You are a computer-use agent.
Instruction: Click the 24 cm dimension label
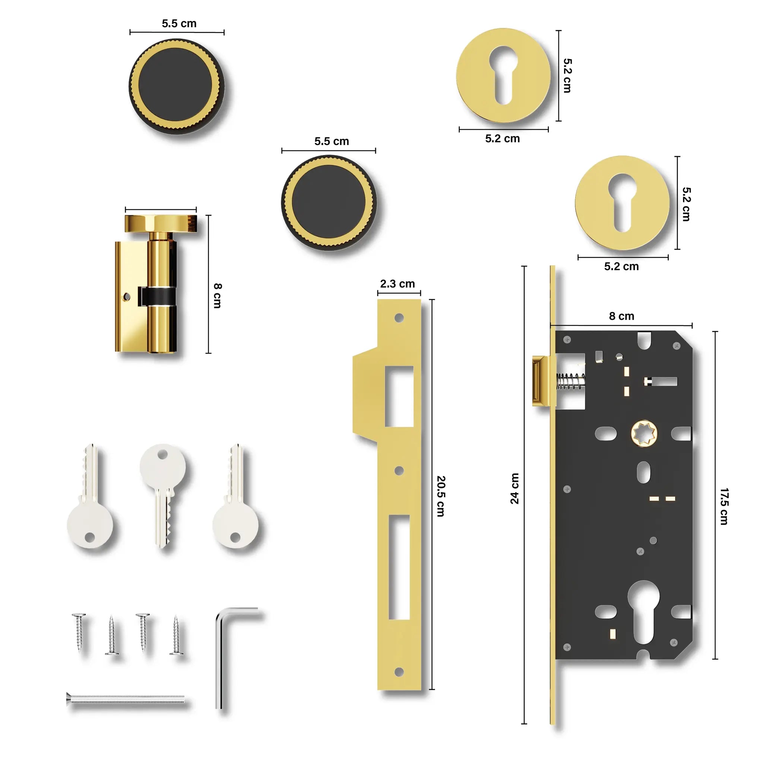point(515,488)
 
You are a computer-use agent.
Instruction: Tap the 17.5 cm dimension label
point(724,507)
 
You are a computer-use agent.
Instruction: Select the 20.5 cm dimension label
point(441,496)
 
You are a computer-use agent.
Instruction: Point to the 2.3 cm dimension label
point(397,284)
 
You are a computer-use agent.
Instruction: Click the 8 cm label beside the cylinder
point(218,295)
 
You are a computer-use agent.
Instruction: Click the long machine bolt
point(126,699)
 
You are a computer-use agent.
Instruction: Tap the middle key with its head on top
point(163,495)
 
